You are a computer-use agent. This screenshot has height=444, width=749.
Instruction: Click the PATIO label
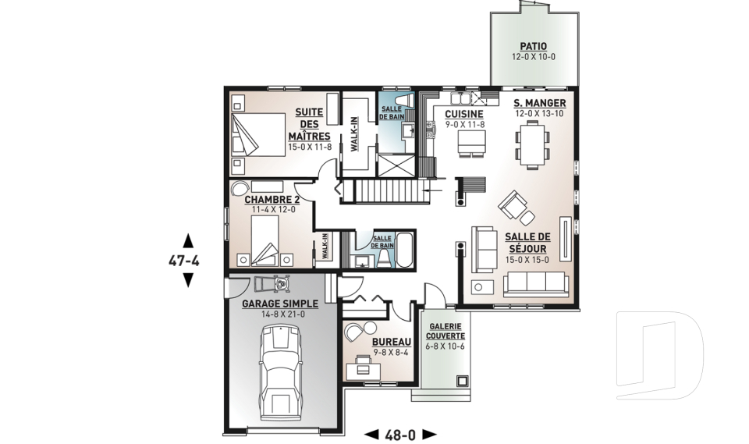pyautogui.click(x=533, y=46)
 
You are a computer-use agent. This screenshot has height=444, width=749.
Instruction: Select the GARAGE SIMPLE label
pyautogui.click(x=280, y=304)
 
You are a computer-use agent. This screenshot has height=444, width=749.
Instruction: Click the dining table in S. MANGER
pyautogui.click(x=532, y=143)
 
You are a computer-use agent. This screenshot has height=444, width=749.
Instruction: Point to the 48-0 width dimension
pyautogui.click(x=400, y=435)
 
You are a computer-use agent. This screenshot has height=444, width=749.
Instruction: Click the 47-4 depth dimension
pyautogui.click(x=184, y=261)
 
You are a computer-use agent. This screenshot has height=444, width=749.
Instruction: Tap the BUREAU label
pyautogui.click(x=391, y=342)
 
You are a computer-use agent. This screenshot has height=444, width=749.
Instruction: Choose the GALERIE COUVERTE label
pyautogui.click(x=446, y=331)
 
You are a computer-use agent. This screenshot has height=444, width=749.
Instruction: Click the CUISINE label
pyautogui.click(x=463, y=114)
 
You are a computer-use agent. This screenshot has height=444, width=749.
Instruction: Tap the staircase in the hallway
pyautogui.click(x=389, y=191)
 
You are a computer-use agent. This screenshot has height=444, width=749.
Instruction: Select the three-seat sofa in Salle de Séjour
pyautogui.click(x=536, y=284)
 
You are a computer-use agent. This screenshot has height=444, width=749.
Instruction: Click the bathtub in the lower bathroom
pyautogui.click(x=405, y=250)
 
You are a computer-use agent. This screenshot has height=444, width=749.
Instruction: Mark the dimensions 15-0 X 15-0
pyautogui.click(x=527, y=260)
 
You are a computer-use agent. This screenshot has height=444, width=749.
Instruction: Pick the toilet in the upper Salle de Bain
pyautogui.click(x=406, y=101)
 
